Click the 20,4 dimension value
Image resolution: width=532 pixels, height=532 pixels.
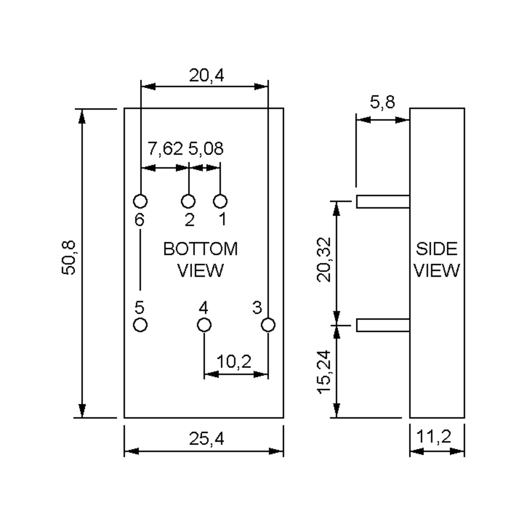point(207,75)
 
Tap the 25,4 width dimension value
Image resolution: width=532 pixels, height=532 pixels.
point(207,439)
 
